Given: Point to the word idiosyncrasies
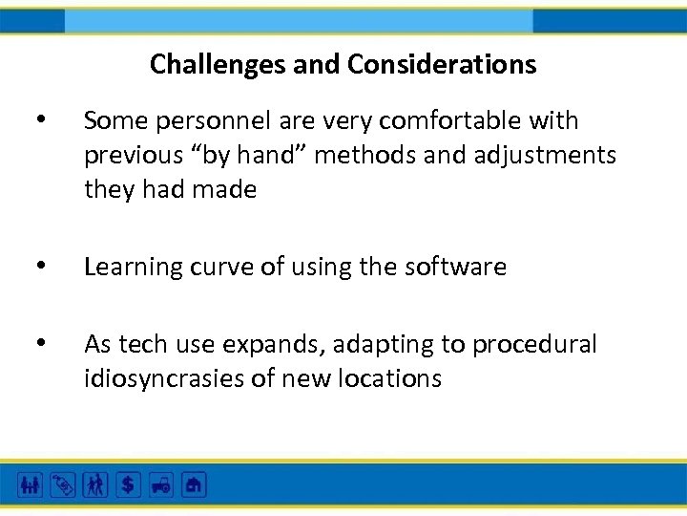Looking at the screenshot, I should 165,378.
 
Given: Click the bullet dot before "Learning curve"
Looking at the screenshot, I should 38,266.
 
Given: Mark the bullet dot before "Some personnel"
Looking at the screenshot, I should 38,119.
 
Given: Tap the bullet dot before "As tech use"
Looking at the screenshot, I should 38,342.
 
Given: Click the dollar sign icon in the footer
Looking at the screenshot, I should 129,485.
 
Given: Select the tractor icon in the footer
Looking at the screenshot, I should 161,485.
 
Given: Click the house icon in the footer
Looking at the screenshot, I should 194,485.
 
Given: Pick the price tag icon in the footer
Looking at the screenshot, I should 62,485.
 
